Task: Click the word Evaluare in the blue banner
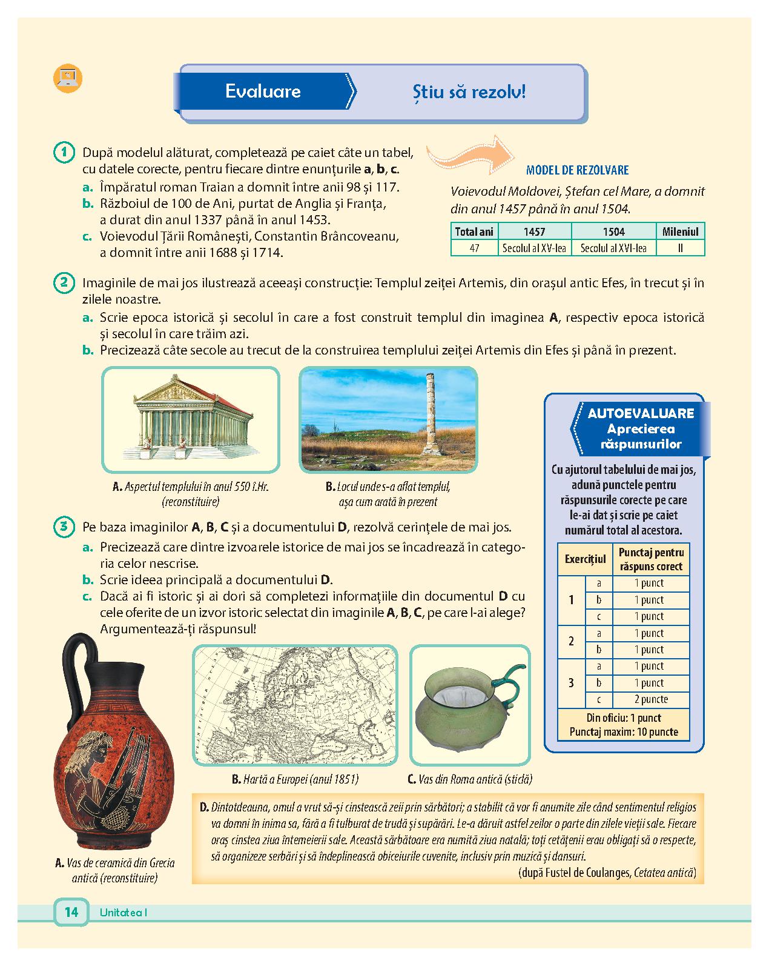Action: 263,91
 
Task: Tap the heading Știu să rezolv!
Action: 469,92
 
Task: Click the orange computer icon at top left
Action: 67,78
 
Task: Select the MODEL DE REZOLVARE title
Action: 577,170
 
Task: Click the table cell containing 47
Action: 474,248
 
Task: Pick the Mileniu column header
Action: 680,232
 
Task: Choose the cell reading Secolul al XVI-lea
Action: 613,248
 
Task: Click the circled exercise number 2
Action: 64,283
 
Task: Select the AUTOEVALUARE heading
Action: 641,413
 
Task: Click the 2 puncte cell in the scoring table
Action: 651,699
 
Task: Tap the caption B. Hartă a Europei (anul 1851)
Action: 295,779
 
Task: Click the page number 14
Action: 71,911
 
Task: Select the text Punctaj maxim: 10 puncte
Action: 624,732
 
